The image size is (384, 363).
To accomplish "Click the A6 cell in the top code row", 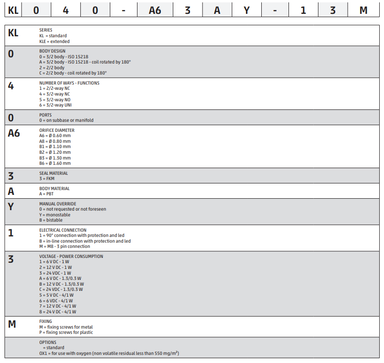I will pyautogui.click(x=155, y=10).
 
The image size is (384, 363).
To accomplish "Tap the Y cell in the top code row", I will pyautogui.click(x=246, y=10).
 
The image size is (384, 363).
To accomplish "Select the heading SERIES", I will pyautogui.click(x=46, y=30).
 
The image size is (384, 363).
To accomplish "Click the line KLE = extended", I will pyautogui.click(x=54, y=42).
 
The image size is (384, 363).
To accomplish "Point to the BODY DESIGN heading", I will pyautogui.click(x=53, y=51).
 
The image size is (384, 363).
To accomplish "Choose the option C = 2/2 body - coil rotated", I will pyautogui.click(x=73, y=73).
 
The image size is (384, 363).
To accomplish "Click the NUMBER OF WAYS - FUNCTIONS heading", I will pyautogui.click(x=69, y=83).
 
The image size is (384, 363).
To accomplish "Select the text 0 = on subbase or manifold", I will pyautogui.click(x=66, y=120).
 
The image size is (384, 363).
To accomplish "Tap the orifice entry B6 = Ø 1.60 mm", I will pyautogui.click(x=55, y=163).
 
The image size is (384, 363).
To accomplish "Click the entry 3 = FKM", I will pyautogui.click(x=47, y=179).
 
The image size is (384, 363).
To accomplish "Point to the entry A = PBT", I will pyautogui.click(x=47, y=194).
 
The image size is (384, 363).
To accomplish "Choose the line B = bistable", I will pyautogui.click(x=51, y=220).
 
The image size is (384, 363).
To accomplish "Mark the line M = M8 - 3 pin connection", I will pyautogui.click(x=64, y=246).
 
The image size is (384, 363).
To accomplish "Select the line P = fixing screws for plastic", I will pyautogui.click(x=66, y=332).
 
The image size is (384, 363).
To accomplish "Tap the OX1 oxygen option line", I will pyautogui.click(x=109, y=353).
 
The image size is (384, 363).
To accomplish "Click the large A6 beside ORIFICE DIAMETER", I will pyautogui.click(x=14, y=134).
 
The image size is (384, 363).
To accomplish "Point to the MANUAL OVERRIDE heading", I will pyautogui.click(x=58, y=204).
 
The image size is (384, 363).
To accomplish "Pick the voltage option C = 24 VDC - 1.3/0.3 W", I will pyautogui.click(x=61, y=289).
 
